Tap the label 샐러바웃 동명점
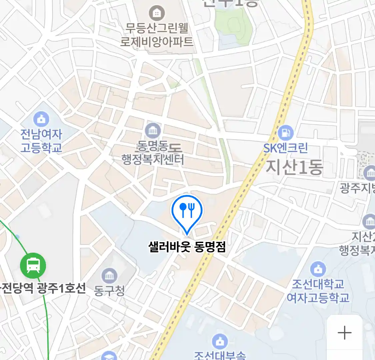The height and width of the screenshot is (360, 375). coord(187,247)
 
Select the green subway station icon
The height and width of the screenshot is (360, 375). coord(33,265)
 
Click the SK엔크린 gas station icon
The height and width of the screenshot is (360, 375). coord(285,133)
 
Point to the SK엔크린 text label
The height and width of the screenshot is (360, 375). coord(285,148)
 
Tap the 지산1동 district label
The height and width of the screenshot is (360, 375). coord(294,167)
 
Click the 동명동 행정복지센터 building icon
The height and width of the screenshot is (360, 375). coord(153,130)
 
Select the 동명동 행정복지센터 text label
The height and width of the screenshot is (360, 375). coord(153,153)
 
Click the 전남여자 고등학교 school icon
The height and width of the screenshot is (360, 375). coord(41,119)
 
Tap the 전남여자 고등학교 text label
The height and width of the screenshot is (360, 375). coord(41,141)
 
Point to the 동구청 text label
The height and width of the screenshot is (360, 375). coord(109,290)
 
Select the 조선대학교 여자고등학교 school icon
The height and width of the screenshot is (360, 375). coord(318,269)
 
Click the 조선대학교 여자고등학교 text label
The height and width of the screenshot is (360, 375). coord(318,291)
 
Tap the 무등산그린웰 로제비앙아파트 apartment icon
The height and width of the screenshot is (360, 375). coord(156,13)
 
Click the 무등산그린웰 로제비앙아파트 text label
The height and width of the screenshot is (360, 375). coord(157,35)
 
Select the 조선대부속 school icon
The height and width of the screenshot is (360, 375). coord(220,341)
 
